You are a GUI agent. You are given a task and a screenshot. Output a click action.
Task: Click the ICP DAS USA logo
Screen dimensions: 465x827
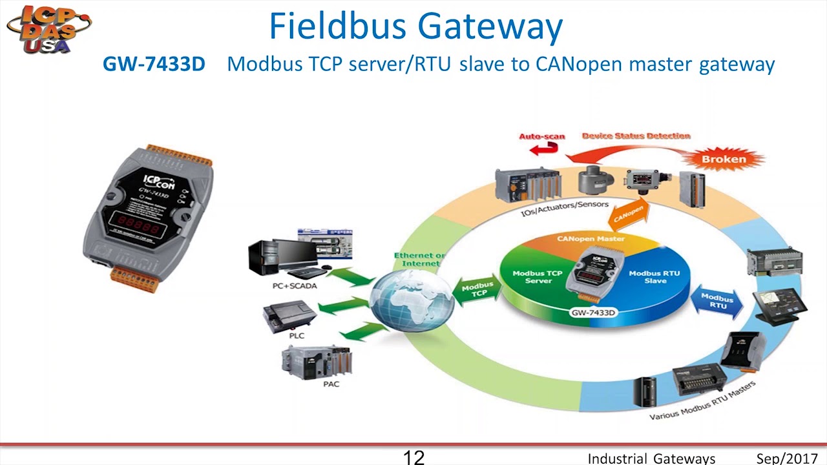[48, 28]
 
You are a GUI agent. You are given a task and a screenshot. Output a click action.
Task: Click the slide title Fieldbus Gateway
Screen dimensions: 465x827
[415, 26]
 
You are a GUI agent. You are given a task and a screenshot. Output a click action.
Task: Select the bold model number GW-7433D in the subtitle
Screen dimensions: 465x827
[154, 64]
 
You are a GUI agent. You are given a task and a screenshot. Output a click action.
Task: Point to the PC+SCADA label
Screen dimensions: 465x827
[295, 285]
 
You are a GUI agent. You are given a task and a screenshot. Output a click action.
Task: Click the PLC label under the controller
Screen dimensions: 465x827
[297, 335]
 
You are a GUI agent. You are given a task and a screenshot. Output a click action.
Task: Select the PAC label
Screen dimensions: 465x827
[331, 384]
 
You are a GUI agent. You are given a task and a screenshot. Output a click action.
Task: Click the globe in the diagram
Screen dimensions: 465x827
[412, 300]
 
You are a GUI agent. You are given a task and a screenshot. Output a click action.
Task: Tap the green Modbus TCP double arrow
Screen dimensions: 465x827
[478, 290]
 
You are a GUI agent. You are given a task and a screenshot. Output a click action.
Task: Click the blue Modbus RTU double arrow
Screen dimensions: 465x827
[717, 302]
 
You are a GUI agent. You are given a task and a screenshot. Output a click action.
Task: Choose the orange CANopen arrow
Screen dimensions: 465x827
[629, 214]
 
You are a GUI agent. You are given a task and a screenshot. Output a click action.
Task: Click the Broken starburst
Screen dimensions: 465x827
[724, 159]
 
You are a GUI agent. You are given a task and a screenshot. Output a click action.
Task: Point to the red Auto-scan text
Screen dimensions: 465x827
[542, 136]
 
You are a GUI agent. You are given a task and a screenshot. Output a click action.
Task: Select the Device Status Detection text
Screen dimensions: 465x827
[636, 136]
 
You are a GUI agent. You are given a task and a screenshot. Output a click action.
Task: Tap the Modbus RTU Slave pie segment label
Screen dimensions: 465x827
[654, 276]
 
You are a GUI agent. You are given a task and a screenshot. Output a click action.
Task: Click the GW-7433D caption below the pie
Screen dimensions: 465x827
[593, 313]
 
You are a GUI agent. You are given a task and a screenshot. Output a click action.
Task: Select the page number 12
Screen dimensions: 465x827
[413, 457]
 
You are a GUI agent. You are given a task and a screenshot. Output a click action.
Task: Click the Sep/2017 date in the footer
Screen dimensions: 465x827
[787, 459]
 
